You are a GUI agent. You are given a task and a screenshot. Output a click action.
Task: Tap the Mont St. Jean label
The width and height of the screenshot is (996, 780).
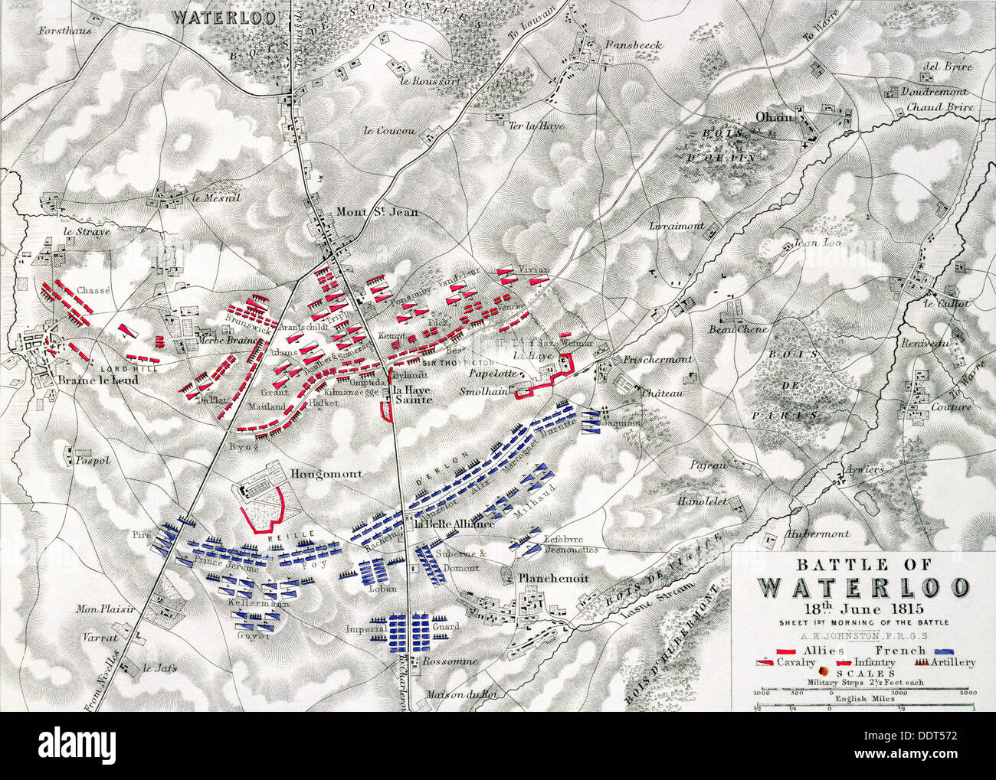coord(378,213)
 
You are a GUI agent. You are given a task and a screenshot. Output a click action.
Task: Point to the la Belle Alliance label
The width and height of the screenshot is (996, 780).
coord(453,525)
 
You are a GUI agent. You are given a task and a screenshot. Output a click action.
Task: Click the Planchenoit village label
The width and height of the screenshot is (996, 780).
coord(553,579)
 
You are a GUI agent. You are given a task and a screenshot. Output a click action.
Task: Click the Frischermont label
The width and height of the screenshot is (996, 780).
coord(657,358)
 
